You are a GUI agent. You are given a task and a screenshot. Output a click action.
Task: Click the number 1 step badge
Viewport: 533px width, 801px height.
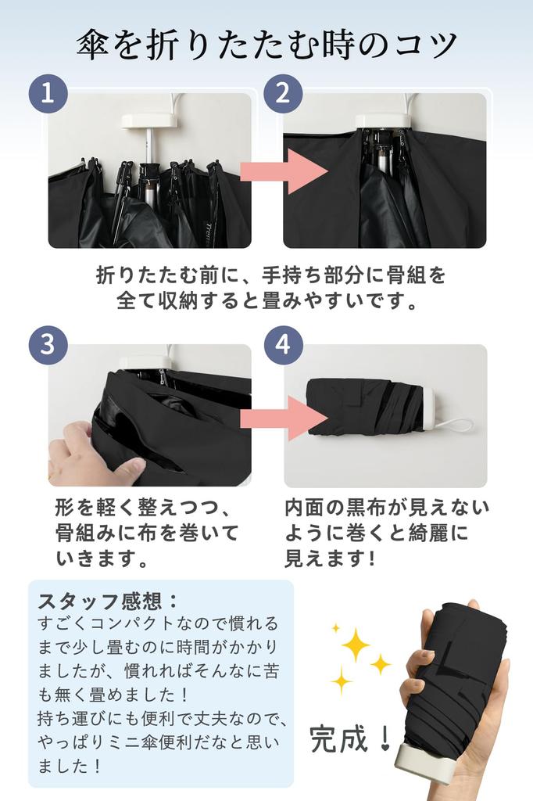point(48,95)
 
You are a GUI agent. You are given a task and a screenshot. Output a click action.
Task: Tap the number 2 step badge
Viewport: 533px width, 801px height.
point(283,95)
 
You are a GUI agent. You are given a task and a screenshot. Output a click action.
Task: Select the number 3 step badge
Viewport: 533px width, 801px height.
point(48,346)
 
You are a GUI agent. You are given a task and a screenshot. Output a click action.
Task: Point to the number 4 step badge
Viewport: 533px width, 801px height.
point(283,346)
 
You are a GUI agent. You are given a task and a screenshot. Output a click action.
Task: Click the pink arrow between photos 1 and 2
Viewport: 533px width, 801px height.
point(283,171)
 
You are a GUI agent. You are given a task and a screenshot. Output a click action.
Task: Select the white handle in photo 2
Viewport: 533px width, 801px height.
point(383,120)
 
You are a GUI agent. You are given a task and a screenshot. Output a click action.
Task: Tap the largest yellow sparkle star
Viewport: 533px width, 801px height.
point(356,645)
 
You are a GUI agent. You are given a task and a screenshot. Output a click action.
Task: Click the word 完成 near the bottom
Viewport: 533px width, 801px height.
point(339,738)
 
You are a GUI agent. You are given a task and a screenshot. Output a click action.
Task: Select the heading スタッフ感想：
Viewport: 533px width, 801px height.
point(109,602)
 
